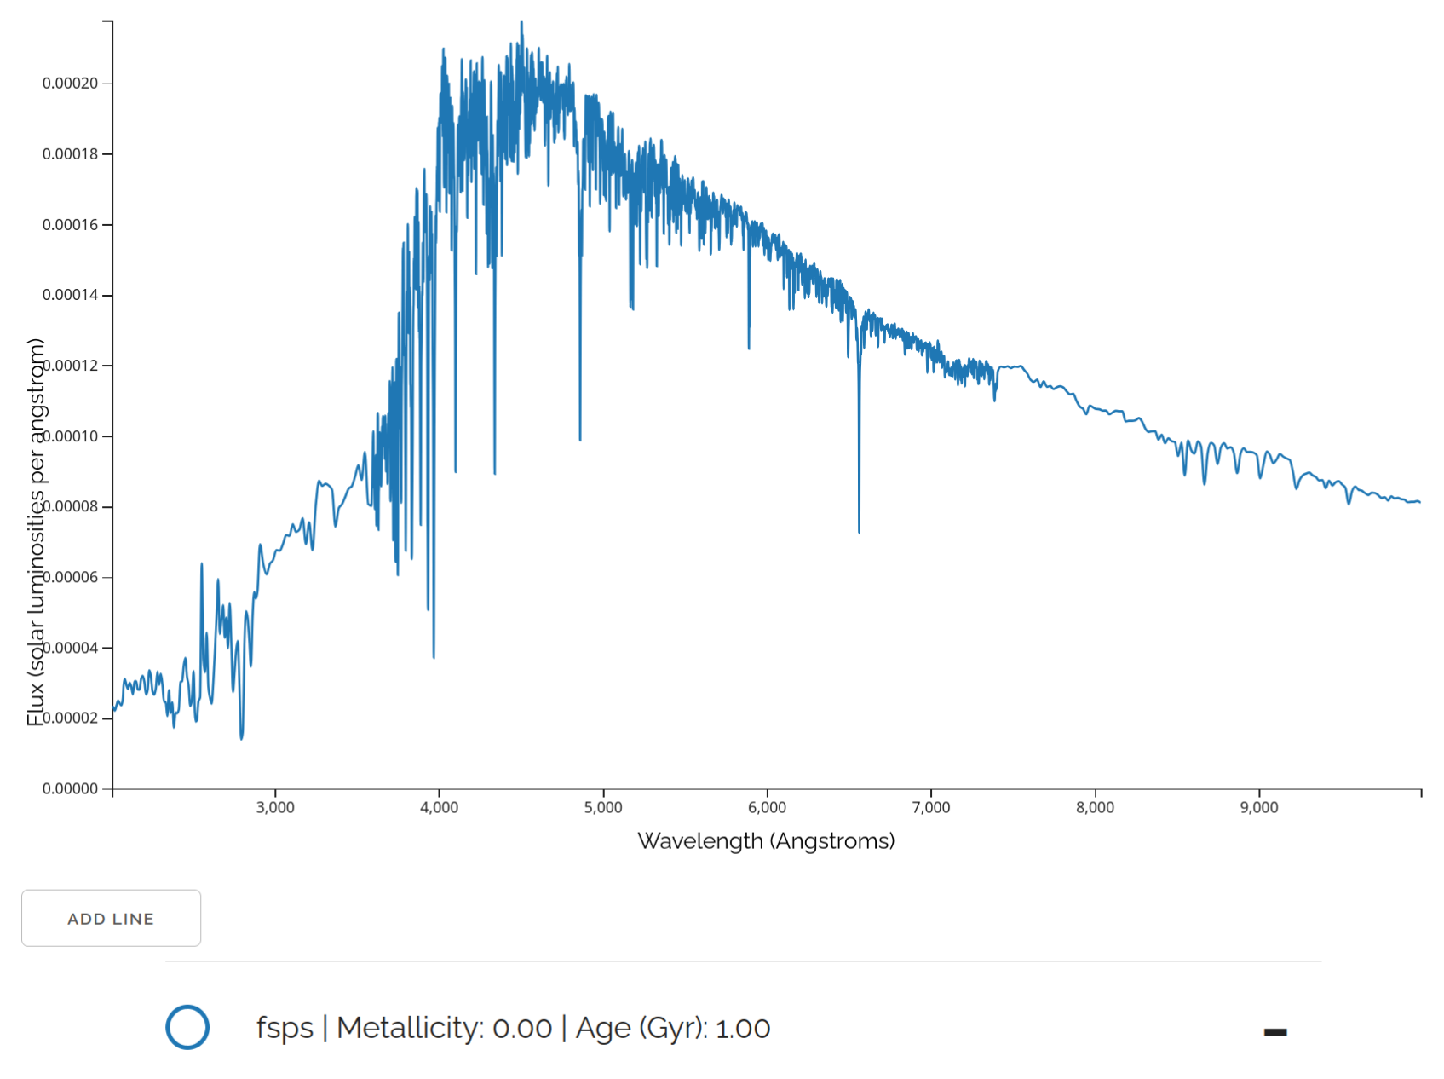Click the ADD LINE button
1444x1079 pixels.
(x=111, y=918)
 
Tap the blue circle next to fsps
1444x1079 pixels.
(x=187, y=1027)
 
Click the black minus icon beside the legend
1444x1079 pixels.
(x=1274, y=1032)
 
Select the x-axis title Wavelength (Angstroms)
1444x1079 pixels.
(x=766, y=841)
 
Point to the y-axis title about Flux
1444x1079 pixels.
(x=36, y=532)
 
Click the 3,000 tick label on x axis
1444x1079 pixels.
(x=275, y=808)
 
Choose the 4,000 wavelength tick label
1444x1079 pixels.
(x=439, y=808)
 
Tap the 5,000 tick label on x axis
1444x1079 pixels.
(x=603, y=808)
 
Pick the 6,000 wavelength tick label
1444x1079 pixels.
(x=767, y=808)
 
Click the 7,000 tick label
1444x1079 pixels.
(x=931, y=808)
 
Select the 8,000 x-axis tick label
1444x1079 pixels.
(x=1095, y=808)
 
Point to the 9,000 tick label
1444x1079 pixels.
(x=1259, y=808)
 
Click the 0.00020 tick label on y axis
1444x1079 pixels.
(x=70, y=84)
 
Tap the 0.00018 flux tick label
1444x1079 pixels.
(x=70, y=154)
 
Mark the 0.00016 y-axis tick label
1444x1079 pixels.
(x=70, y=225)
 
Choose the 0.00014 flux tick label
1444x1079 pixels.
(x=70, y=295)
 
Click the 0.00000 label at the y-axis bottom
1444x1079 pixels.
(x=70, y=789)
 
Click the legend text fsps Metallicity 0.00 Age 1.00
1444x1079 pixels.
(x=513, y=1028)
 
